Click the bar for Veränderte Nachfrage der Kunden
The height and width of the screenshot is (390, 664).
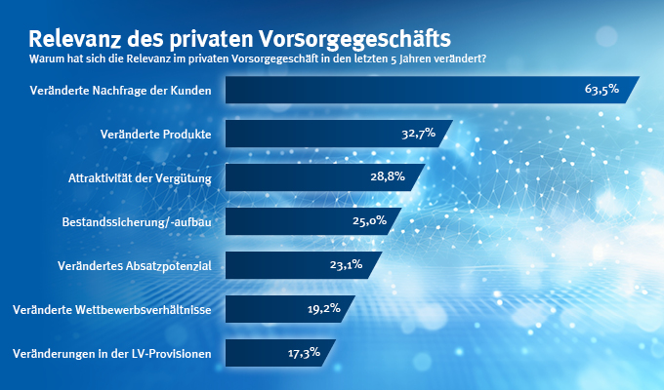391,90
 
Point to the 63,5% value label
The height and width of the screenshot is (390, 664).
602,90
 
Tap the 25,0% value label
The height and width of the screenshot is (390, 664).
371,221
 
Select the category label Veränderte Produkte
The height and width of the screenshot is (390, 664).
156,134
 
